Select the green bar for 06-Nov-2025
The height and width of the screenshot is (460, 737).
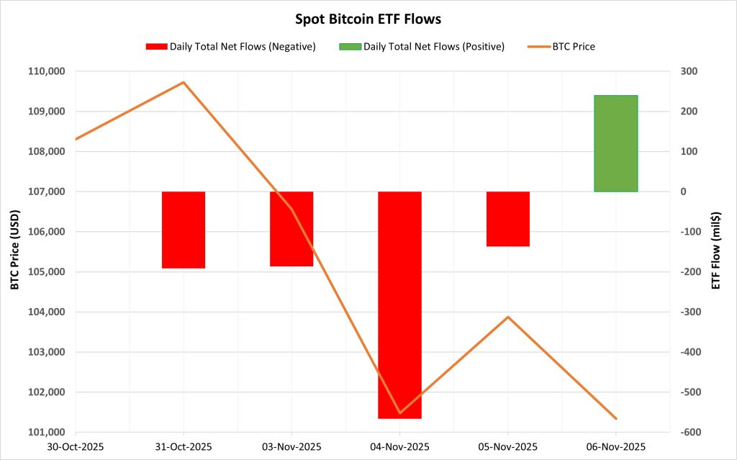click(x=615, y=143)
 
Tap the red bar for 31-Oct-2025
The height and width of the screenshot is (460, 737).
click(x=184, y=230)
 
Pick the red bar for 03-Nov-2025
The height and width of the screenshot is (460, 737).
click(x=291, y=229)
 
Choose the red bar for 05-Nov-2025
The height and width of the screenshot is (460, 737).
click(x=508, y=219)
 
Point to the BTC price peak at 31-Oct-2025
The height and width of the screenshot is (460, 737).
click(x=184, y=82)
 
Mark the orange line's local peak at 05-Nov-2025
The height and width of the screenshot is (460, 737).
click(x=508, y=317)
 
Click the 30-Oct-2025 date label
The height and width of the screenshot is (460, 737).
click(x=76, y=446)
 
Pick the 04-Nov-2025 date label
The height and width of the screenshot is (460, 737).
click(x=399, y=446)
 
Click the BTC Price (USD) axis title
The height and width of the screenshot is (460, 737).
click(x=15, y=252)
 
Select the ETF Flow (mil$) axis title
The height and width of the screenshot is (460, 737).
click(x=716, y=252)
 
